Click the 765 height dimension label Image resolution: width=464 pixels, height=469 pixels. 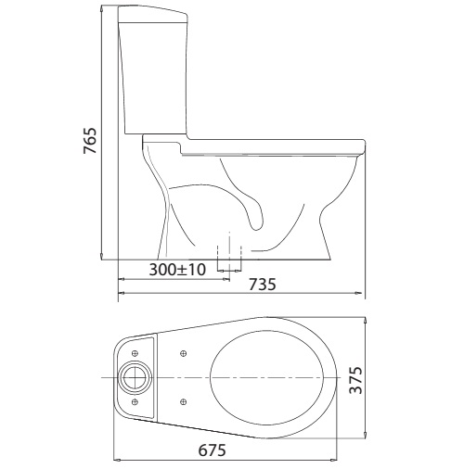click(89, 141)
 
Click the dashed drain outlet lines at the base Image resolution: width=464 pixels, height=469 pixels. click(228, 254)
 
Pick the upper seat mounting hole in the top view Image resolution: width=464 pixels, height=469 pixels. click(184, 353)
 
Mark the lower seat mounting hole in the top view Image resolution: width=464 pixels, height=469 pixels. click(184, 401)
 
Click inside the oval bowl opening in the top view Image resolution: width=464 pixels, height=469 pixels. click(269, 379)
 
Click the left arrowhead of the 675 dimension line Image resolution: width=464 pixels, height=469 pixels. click(116, 458)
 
